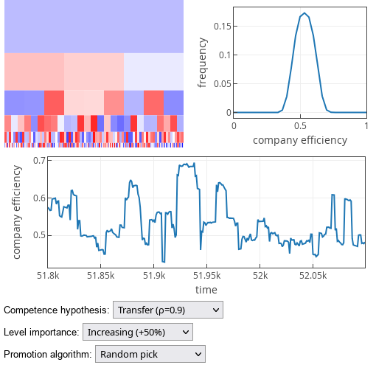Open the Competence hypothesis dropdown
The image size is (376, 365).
(x=167, y=310)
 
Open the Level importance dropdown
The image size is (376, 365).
(x=137, y=333)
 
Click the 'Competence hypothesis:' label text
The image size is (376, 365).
(x=57, y=310)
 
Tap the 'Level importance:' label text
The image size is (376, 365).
(x=41, y=333)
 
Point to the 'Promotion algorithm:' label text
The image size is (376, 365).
(x=48, y=355)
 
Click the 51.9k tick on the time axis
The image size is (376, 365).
(x=153, y=276)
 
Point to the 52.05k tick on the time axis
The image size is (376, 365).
(x=312, y=276)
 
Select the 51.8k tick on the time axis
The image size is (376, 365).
(x=48, y=276)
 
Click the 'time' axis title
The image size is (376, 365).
(x=206, y=290)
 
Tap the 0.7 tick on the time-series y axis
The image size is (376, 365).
(x=39, y=160)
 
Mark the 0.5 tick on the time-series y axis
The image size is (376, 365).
(x=39, y=235)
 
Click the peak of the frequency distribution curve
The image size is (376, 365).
(x=304, y=13)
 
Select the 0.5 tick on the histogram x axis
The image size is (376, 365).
(x=300, y=126)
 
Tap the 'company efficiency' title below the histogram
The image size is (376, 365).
(x=299, y=139)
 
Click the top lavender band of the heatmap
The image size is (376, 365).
(x=94, y=26)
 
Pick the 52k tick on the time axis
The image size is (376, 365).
(x=260, y=276)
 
